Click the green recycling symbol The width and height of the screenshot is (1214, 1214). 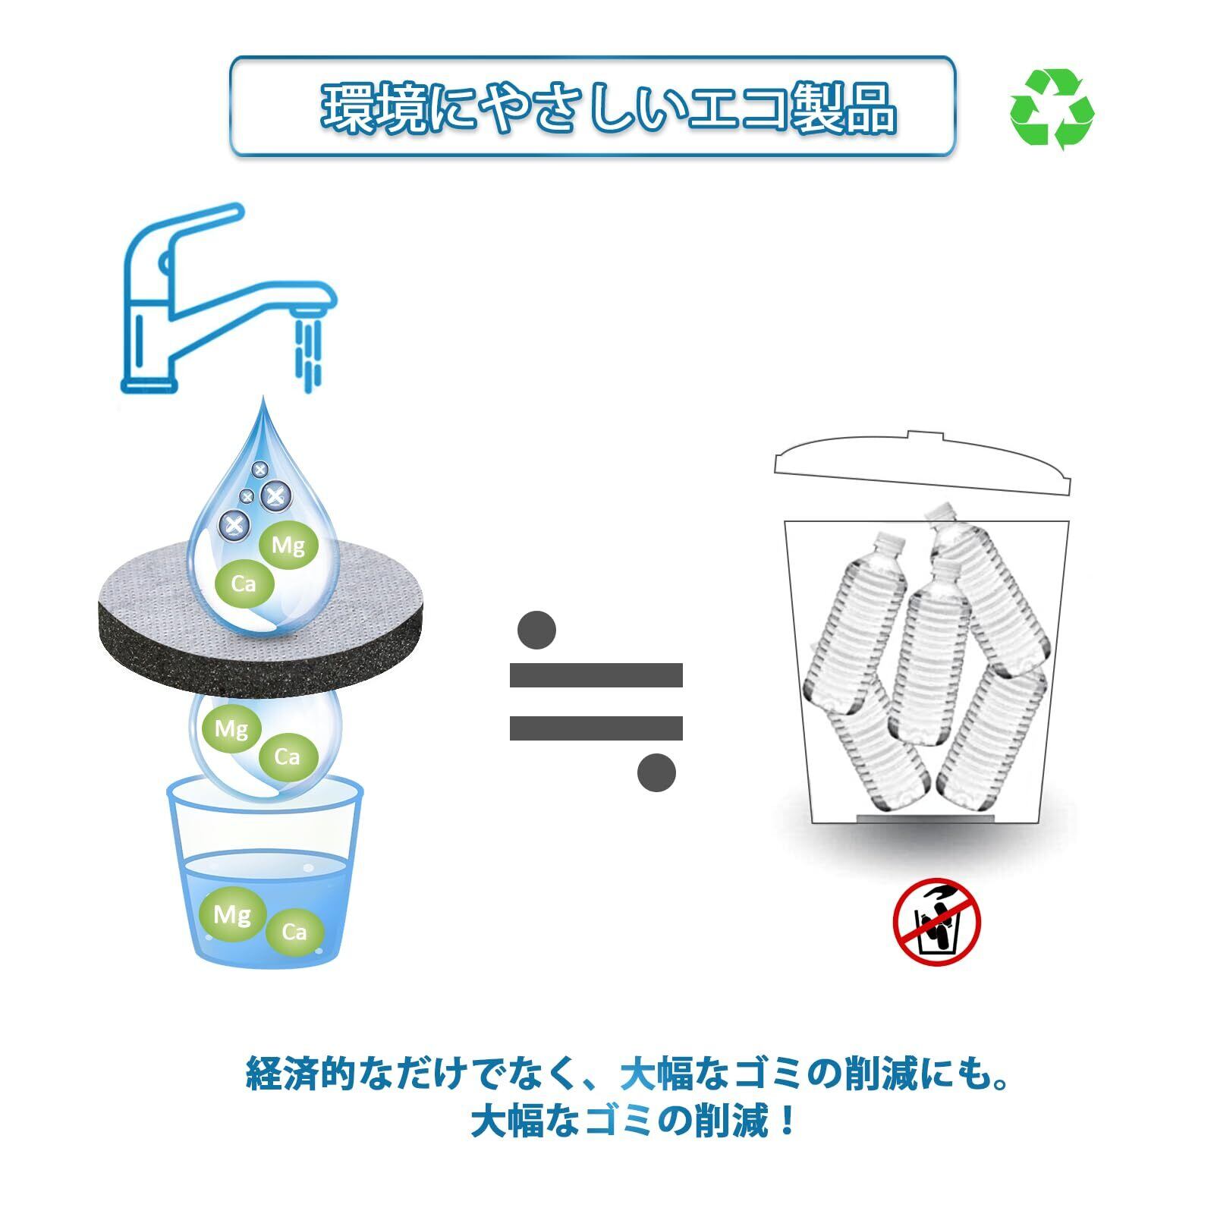tap(1052, 108)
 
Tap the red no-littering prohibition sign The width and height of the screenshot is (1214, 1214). tap(936, 922)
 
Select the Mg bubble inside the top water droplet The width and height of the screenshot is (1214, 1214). tap(288, 545)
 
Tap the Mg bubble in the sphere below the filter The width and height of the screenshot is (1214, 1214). tap(231, 729)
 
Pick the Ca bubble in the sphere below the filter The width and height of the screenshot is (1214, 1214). tap(288, 756)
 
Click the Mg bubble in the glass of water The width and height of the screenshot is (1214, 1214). tap(232, 914)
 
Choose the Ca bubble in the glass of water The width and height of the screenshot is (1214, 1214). tap(294, 932)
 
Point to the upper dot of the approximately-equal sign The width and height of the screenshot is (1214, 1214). tap(537, 630)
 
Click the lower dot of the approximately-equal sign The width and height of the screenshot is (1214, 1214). tap(656, 773)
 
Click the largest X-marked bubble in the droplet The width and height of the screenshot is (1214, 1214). tap(275, 495)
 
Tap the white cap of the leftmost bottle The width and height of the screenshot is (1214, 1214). tap(891, 541)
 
